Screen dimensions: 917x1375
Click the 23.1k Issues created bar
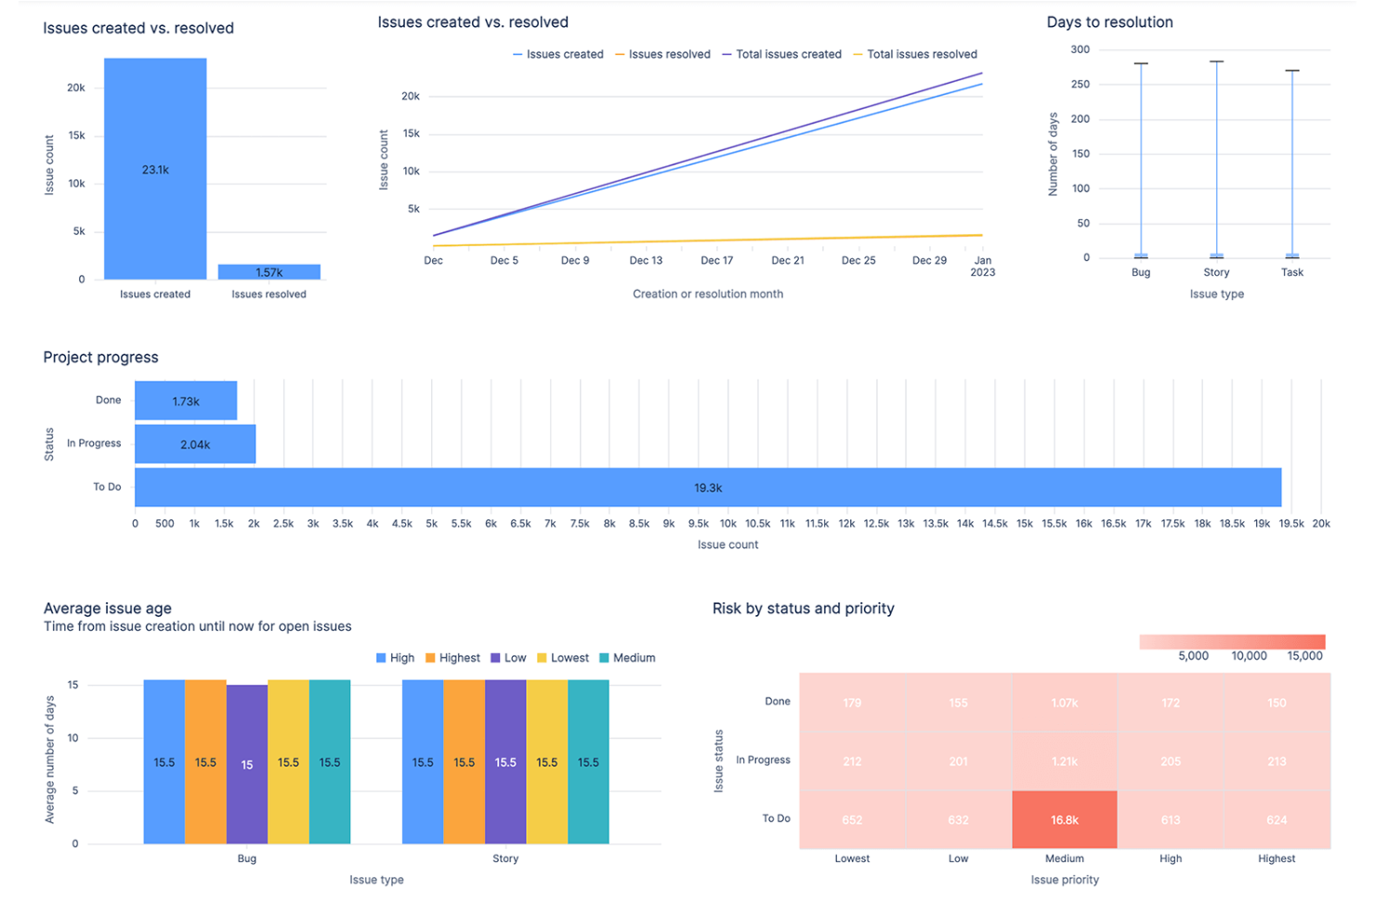tap(155, 169)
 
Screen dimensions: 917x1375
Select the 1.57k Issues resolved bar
tap(269, 272)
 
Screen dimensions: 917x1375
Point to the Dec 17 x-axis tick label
tap(716, 261)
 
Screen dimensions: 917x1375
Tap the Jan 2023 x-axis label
tap(982, 267)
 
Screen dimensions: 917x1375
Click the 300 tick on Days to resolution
tap(1080, 50)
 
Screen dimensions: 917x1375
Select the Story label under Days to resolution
tap(1216, 273)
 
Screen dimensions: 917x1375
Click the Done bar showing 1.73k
tap(186, 401)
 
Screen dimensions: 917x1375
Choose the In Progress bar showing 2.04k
tap(195, 445)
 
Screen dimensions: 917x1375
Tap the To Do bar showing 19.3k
tap(708, 488)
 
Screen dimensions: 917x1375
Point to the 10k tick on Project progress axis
tap(727, 524)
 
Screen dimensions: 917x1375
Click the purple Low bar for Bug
tap(247, 765)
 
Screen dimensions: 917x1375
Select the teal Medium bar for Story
tap(588, 763)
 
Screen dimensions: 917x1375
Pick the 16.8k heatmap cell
tap(1065, 819)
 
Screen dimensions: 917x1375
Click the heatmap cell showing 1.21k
tap(1065, 761)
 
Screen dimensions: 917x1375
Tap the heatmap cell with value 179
tap(852, 702)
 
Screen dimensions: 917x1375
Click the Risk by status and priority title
tap(803, 609)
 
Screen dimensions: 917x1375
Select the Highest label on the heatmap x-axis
tap(1277, 859)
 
